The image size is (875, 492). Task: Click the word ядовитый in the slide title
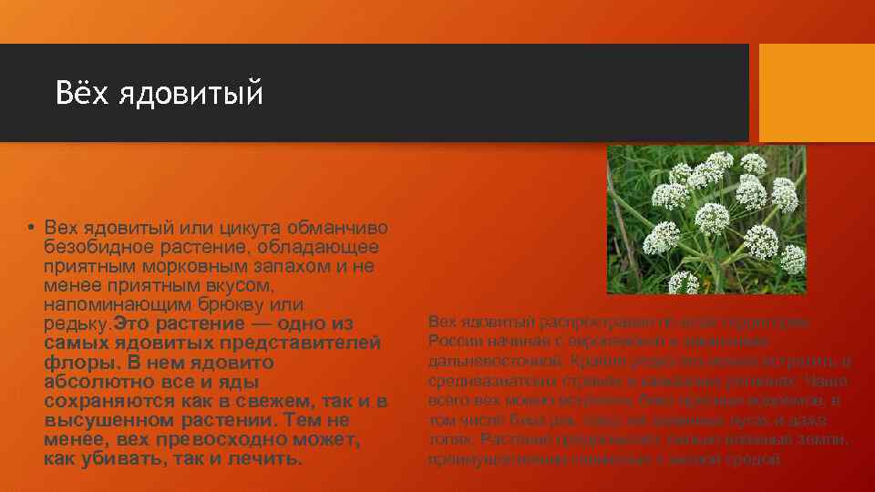(190, 93)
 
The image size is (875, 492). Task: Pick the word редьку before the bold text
(76, 323)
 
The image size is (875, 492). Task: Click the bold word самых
(74, 343)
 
